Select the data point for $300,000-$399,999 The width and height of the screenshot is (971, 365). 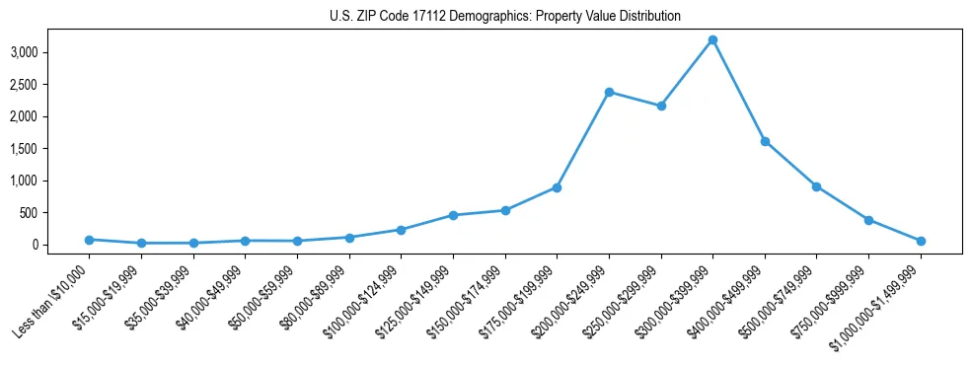click(712, 39)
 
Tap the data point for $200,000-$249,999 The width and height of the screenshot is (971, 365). click(609, 92)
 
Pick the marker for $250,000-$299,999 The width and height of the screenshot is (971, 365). click(661, 106)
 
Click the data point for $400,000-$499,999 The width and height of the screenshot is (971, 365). click(765, 141)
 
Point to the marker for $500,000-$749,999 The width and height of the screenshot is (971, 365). click(816, 186)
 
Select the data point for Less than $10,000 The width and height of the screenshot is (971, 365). click(90, 240)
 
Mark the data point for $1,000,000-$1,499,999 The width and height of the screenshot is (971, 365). click(921, 241)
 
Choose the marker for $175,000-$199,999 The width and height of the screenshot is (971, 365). click(557, 187)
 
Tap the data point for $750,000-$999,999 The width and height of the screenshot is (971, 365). click(868, 220)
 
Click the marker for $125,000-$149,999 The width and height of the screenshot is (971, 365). click(453, 215)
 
